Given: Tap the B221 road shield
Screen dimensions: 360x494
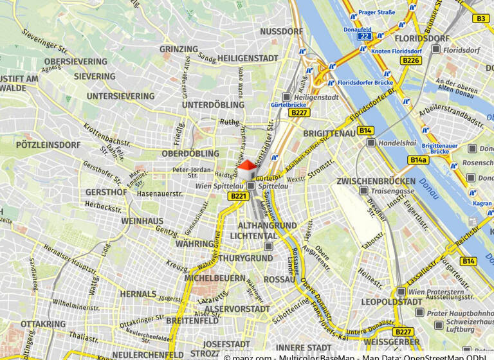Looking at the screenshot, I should tap(238, 196).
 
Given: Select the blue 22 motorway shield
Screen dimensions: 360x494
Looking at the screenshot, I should tap(365, 37).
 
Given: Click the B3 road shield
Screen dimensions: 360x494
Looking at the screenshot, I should tap(481, 19).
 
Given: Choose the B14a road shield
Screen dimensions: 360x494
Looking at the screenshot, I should tap(417, 159).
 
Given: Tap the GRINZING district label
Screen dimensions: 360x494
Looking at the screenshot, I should tap(178, 49).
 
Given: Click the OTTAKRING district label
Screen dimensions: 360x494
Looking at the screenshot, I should tap(43, 323).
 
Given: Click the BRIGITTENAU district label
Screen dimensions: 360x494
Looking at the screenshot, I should tap(329, 132).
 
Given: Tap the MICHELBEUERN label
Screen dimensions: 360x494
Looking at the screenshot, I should tap(215, 278).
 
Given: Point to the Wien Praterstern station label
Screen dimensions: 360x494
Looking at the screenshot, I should tap(437, 292).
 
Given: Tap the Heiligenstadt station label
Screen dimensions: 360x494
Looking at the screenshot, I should tap(315, 97).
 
